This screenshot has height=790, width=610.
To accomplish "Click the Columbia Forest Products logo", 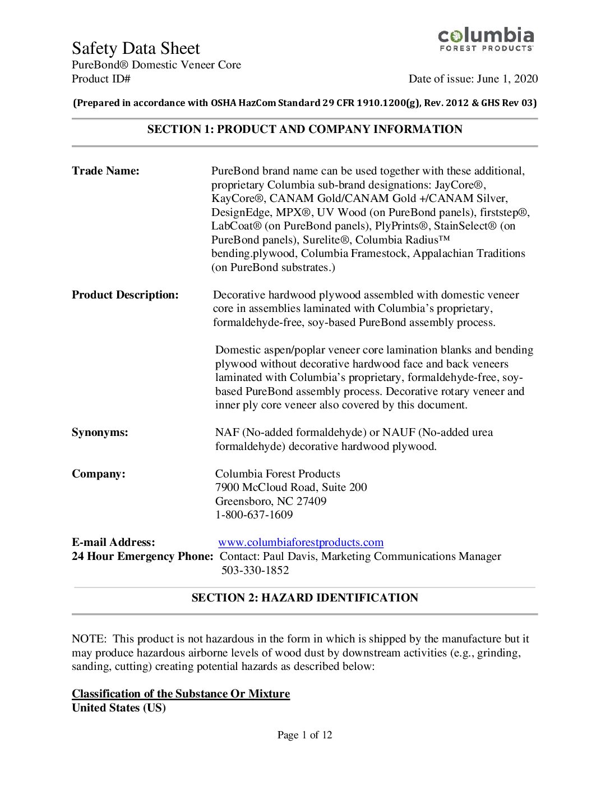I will [x=486, y=39].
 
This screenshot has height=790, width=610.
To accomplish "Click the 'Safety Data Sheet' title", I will [x=136, y=48].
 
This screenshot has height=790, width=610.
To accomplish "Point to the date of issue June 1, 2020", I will [x=473, y=79].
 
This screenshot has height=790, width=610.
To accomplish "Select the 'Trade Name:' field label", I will [x=105, y=171].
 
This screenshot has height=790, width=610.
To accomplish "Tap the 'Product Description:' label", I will [x=125, y=295].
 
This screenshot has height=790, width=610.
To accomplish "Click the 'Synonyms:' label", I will [x=100, y=433].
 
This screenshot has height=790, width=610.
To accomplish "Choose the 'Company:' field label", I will [x=99, y=474].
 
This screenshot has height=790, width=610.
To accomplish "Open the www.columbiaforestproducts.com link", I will [x=301, y=543].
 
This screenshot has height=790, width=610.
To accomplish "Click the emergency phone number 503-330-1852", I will [x=255, y=571].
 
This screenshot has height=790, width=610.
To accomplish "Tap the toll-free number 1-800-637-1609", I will [x=254, y=515].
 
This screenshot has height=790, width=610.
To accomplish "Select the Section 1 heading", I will [x=304, y=130].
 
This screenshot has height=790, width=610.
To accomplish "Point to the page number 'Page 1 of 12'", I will [x=304, y=735].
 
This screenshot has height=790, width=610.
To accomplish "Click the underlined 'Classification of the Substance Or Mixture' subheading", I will [x=181, y=694].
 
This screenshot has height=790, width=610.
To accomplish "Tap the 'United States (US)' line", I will [x=119, y=708].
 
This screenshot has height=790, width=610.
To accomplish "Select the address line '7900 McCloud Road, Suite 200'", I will [x=291, y=488].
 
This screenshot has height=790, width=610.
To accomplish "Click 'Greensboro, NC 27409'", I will [x=271, y=502].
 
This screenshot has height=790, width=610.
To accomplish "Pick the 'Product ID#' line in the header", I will [x=101, y=79].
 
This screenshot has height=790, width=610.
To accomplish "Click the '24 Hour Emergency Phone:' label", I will [x=142, y=557].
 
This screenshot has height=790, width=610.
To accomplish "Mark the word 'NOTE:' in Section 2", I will [x=89, y=639].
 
